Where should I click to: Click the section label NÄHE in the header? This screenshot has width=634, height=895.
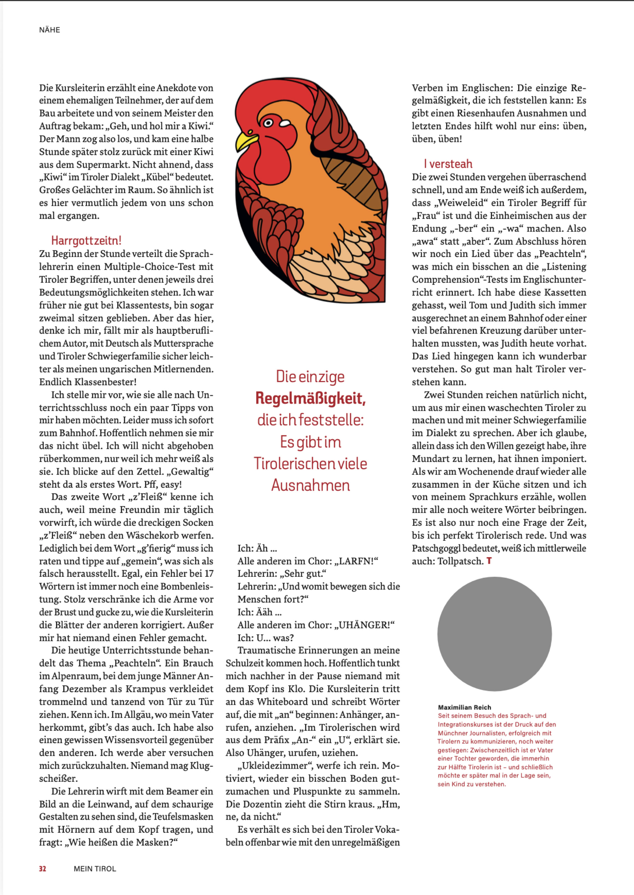(50, 30)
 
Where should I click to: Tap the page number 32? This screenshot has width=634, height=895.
(42, 869)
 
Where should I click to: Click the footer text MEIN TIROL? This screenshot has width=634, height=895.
(95, 869)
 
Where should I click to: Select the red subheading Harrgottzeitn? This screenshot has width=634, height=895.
(86, 240)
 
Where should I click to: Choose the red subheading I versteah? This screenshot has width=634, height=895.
(448, 164)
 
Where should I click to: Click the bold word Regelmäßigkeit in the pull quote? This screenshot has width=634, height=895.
(310, 398)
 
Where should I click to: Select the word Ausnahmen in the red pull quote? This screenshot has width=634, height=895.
(310, 486)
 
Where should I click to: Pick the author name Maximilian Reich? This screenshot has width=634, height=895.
(465, 707)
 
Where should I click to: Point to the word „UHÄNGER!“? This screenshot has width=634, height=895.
(365, 625)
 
